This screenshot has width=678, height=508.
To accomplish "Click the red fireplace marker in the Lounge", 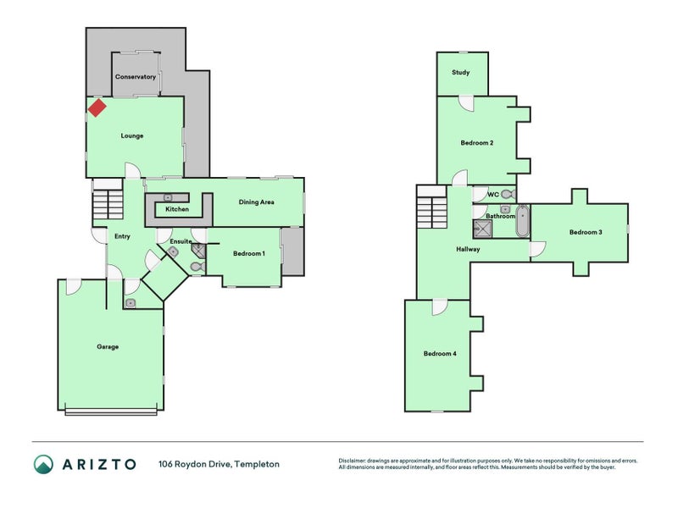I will (97, 108).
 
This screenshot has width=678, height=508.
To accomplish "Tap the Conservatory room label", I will (136, 77).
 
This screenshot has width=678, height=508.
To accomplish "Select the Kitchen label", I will (177, 209).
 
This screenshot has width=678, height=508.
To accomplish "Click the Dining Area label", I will (256, 202).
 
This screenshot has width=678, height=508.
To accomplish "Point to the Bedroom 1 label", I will (249, 254).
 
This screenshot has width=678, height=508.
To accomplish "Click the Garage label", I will (108, 346).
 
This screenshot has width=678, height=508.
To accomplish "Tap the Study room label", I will (460, 73).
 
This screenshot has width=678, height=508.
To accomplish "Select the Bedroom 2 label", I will (477, 143).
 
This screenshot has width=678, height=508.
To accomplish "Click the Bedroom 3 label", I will (586, 232).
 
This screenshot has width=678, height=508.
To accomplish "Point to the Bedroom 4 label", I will (440, 353).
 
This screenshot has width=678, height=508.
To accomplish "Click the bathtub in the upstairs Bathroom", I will (522, 221).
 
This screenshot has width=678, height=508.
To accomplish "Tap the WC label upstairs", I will (492, 195).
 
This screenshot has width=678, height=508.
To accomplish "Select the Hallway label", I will (468, 250).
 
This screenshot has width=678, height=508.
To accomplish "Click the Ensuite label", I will (181, 241).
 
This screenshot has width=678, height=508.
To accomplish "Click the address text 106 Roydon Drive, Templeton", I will (219, 464).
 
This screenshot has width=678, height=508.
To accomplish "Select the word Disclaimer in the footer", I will (355, 461).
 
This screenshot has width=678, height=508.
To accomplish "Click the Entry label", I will (122, 236).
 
